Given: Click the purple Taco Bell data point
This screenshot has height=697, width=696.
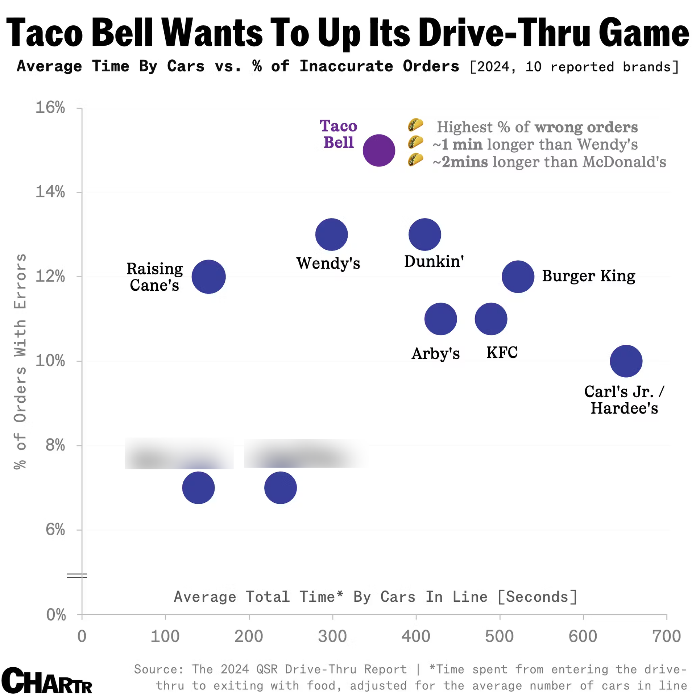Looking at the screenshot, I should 379,150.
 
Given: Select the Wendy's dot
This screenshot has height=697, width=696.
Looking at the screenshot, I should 331,235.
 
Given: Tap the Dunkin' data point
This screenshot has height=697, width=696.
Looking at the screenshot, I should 424,235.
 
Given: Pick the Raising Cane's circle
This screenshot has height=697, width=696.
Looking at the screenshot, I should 208,277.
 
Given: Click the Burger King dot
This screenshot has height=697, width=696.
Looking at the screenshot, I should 518,277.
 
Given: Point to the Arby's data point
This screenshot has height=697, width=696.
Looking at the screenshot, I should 440,319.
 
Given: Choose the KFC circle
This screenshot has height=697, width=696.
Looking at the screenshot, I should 491,319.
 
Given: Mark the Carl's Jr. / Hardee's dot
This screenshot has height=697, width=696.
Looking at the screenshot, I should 626,361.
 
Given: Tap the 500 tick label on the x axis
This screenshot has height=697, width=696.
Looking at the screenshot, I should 500,636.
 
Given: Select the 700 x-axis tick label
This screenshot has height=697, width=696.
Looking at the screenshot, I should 666,636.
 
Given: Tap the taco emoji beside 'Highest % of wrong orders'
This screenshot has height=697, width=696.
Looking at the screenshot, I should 415,125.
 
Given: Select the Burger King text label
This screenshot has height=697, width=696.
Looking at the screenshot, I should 589,276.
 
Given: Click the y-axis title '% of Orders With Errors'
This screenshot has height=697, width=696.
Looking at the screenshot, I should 20,361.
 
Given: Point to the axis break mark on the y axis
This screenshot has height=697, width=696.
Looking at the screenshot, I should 77,576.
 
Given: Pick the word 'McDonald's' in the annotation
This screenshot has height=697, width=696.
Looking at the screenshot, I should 624,162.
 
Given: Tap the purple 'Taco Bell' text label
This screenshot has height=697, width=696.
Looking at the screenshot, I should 338,134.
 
